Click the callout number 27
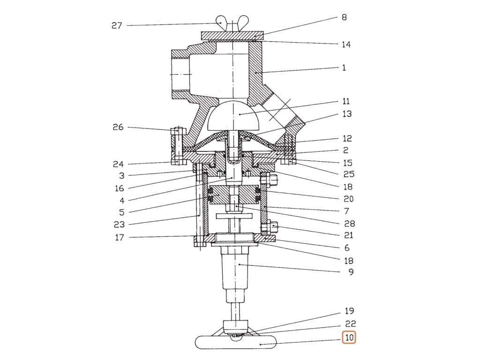(x=117, y=26)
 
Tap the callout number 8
(x=344, y=18)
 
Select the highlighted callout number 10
(x=348, y=337)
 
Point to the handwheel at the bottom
(x=236, y=343)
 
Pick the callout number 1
(x=344, y=67)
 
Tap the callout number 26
(x=118, y=127)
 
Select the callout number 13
(x=347, y=114)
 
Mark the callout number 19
(x=349, y=311)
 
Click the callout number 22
(x=351, y=324)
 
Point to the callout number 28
(x=349, y=224)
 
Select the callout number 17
(x=120, y=238)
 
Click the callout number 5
(x=121, y=212)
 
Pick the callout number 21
(x=349, y=235)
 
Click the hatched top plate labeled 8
(x=232, y=36)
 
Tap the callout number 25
(x=349, y=174)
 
